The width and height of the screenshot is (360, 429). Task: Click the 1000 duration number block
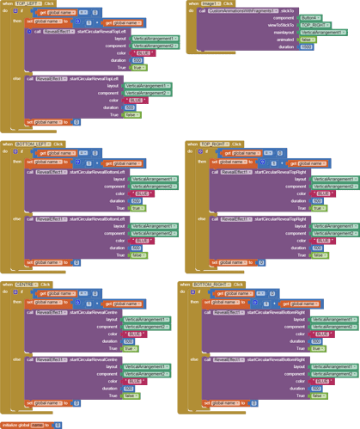pyautogui.click(x=307, y=46)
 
